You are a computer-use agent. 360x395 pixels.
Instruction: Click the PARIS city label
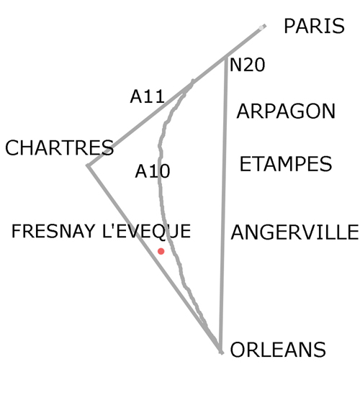pos(314,26)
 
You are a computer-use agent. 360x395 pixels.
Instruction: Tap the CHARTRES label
pos(60,147)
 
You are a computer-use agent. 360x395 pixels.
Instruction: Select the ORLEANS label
pos(278,350)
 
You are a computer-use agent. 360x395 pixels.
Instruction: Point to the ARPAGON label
pos(286,111)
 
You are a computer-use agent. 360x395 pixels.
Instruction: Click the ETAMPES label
pos(286,164)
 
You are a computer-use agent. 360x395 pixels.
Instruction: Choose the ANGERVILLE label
pos(294,232)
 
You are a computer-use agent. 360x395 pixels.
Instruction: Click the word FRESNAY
pos(53,231)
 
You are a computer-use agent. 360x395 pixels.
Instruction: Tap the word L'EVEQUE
pos(147,232)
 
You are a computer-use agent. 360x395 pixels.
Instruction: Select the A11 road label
pos(148,96)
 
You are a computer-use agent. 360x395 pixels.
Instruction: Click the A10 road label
pos(153,171)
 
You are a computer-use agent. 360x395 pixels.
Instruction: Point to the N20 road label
pos(247,65)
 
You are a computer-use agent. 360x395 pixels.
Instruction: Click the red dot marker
pos(161,251)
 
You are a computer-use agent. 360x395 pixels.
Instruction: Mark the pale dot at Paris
pos(261,28)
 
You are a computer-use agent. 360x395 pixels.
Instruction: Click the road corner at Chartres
pos(88,165)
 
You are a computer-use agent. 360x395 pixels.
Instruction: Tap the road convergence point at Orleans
pos(221,352)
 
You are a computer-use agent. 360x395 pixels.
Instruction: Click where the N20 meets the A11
pos(226,58)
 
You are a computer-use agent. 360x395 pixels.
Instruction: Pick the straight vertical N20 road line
pos(223,205)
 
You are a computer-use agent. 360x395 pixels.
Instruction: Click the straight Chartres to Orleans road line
pos(154,259)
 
